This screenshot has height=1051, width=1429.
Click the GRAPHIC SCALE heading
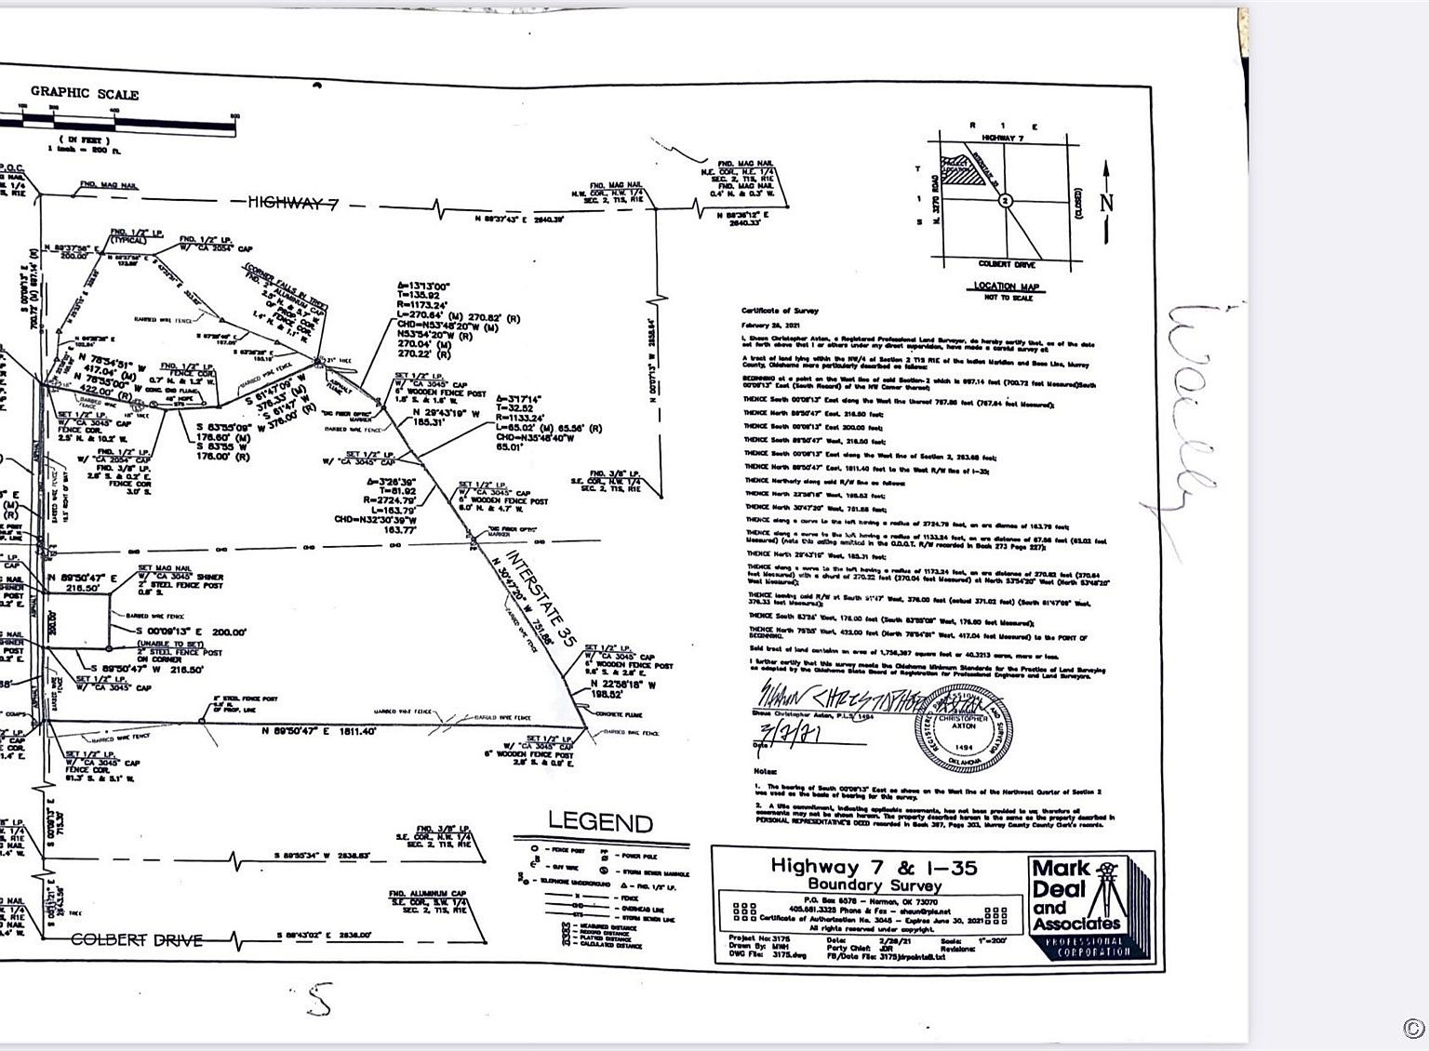[x=85, y=92]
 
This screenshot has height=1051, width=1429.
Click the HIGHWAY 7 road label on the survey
[x=291, y=203]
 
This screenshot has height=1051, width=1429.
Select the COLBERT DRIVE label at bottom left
[x=137, y=939]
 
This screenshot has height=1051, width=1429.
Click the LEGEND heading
[x=600, y=822]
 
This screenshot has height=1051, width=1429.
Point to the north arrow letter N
[x=1106, y=202]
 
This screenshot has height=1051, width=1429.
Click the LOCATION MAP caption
[x=1006, y=286]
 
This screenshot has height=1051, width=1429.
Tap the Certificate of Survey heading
[x=780, y=312]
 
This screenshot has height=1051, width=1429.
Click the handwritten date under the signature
[x=791, y=734]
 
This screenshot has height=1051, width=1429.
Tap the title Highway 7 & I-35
[x=874, y=867]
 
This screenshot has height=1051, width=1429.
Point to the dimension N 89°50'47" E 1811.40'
[x=318, y=732]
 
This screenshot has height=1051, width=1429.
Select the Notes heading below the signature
[x=765, y=771]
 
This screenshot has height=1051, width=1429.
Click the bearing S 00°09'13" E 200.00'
[x=191, y=632]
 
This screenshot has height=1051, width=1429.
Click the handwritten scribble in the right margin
[x=1189, y=428]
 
